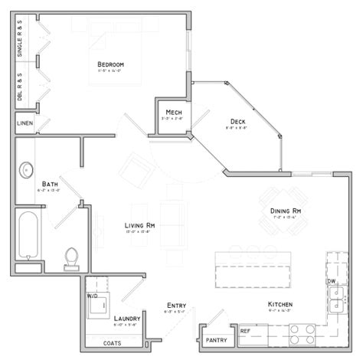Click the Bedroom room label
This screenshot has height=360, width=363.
111,64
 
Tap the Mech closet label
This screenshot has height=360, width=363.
173,113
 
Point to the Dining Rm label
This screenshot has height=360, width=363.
285,211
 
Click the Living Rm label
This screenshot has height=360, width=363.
141,225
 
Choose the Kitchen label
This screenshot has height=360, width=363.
280,305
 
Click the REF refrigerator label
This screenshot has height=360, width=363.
245,331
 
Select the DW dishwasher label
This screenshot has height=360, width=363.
332,281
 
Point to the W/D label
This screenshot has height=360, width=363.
92,295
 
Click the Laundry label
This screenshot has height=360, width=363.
126,318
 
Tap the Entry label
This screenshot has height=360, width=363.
176,306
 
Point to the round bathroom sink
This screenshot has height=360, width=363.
28,169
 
